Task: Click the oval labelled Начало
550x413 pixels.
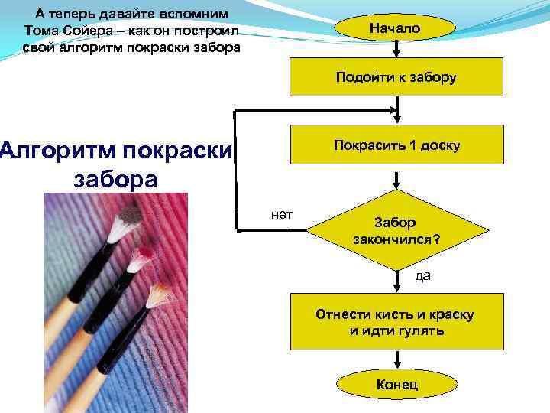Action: coord(396,28)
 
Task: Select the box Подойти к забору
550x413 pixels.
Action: coord(396,76)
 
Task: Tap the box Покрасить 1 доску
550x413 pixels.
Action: coord(396,145)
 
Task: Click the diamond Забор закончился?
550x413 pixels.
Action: coord(396,230)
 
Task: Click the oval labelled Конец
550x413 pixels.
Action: coord(396,384)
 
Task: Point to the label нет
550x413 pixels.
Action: coord(282,214)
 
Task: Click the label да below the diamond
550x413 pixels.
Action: coord(422,275)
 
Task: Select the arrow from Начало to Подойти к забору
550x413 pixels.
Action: coord(396,50)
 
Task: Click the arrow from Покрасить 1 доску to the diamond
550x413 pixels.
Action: coord(396,180)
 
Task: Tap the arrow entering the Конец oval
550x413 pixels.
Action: coord(396,359)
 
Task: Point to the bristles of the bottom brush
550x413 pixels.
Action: coord(160,294)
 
